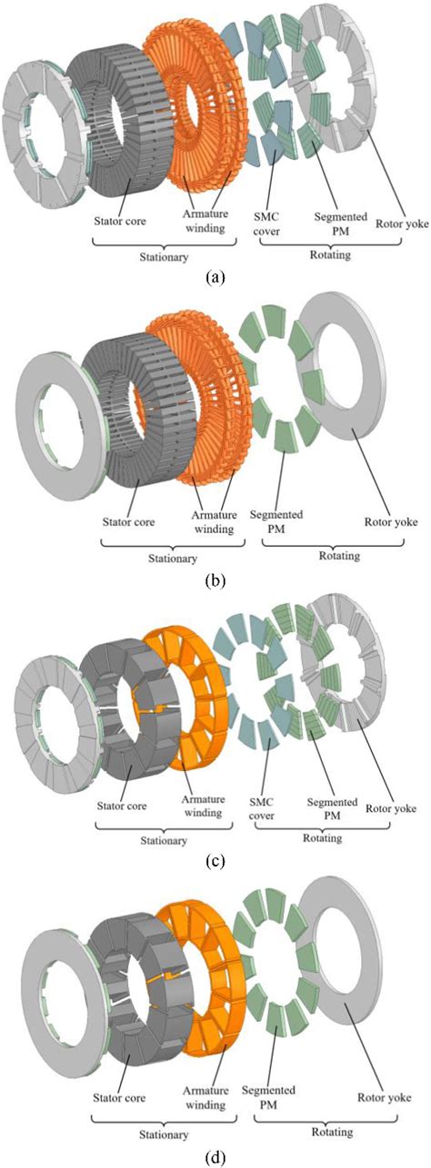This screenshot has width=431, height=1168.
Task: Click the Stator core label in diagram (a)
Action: pos(120,221)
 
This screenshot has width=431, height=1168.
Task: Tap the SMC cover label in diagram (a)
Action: pos(266,223)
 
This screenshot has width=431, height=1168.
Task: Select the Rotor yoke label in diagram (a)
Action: pos(402,224)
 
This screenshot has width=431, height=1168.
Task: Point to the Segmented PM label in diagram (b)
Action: pos(276,521)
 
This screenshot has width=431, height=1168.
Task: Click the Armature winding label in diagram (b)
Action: pos(214,521)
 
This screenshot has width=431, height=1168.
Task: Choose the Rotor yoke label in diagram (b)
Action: pos(391,521)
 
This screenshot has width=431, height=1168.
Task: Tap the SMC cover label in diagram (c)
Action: pos(261,808)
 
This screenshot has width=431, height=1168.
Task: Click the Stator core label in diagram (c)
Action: pos(122,806)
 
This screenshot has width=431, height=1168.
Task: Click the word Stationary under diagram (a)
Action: pos(164,257)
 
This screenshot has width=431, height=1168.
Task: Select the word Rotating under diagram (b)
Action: pos(339,556)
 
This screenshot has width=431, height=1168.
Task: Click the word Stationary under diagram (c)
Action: pos(164,840)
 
